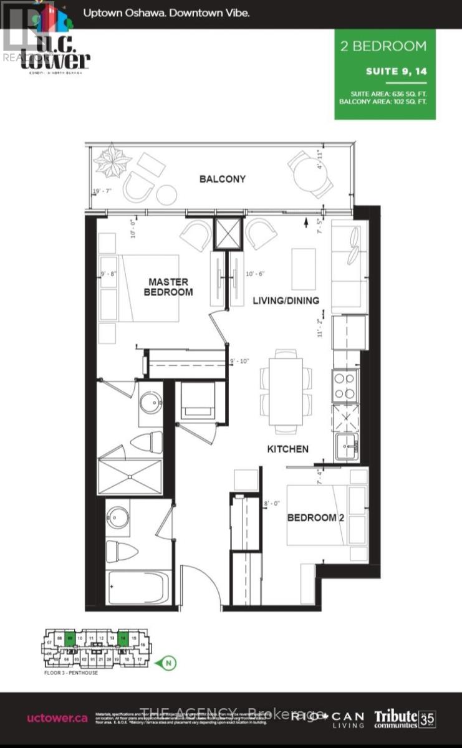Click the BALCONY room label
223,179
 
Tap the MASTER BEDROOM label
168,286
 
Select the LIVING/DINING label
286,300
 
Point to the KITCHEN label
288,449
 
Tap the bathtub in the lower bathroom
139,587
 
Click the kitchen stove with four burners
345,386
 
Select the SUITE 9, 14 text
397,71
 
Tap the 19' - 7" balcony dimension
102,191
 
